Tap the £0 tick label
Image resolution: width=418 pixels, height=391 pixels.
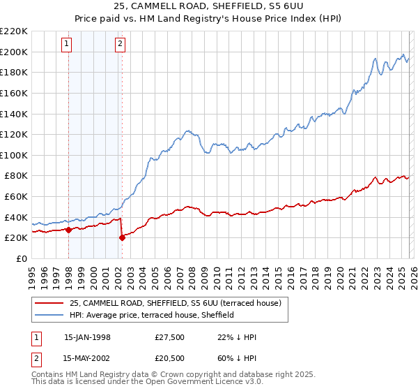tap(22, 258)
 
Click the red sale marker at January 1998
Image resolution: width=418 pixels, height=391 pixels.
tap(69, 230)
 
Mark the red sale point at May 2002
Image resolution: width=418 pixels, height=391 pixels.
tap(122, 237)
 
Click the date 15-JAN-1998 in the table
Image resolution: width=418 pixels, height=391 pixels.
tap(87, 337)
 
